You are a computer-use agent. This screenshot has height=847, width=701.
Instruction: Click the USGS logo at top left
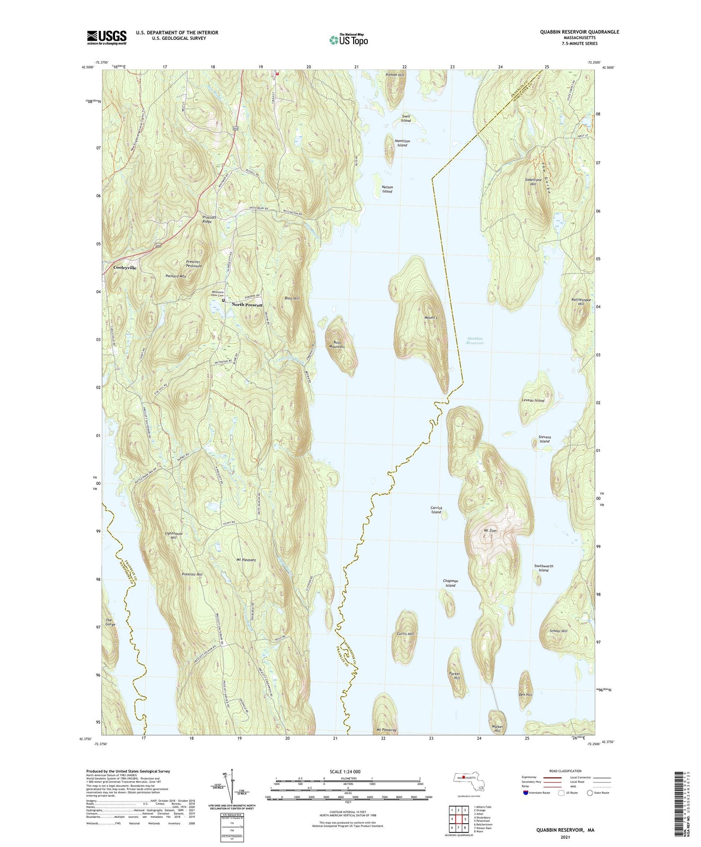coord(106,37)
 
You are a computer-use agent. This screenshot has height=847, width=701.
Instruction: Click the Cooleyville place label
coord(125,267)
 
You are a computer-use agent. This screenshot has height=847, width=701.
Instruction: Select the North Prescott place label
coord(247,305)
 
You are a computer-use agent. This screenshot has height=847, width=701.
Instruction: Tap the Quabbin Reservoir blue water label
coord(475,341)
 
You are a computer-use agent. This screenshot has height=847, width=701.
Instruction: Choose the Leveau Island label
coord(533,400)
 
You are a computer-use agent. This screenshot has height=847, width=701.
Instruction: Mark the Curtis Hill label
coord(405,634)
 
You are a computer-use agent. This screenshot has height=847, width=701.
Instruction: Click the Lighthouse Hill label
coord(174,536)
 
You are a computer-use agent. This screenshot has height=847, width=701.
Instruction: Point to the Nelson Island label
coord(387,189)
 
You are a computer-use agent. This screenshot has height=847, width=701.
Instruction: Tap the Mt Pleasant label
coord(246,560)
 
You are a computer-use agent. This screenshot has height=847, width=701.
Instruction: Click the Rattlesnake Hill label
coord(581,302)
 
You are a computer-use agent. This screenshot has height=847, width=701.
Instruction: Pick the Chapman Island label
coord(450,583)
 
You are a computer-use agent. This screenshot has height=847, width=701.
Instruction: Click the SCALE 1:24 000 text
coord(344,771)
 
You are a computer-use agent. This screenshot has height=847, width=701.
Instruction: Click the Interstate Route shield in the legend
coord(526,793)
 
